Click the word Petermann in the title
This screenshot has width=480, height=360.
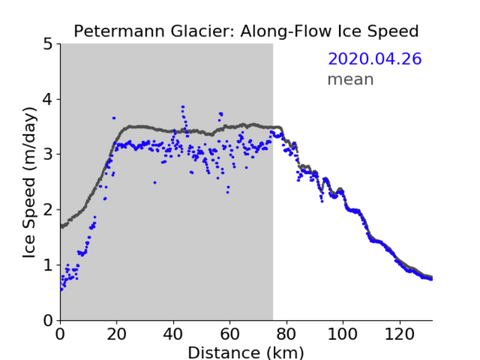[120, 31]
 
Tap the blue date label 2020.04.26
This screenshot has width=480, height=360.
[374, 59]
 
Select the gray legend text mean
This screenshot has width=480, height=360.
[351, 79]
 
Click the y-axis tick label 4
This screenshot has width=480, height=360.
[48, 100]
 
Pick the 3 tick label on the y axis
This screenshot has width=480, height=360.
[48, 155]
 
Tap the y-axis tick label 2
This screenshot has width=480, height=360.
[48, 210]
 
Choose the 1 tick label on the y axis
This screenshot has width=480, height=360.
[48, 265]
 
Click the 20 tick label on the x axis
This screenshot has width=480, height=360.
[117, 334]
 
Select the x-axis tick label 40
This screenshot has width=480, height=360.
[173, 334]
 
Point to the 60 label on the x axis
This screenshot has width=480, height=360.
[230, 334]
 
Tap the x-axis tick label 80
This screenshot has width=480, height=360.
[286, 334]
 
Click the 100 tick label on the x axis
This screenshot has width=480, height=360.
[342, 334]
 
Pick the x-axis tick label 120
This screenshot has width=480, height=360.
[399, 334]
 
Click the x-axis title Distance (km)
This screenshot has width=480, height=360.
[246, 352]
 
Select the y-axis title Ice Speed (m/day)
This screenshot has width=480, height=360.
[30, 183]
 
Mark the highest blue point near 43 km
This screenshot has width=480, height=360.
[183, 106]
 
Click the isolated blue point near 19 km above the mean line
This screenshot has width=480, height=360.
[114, 117]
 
